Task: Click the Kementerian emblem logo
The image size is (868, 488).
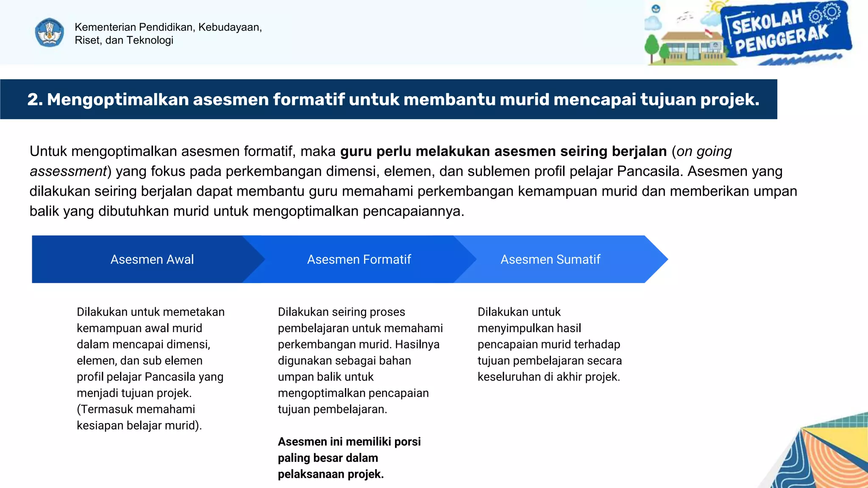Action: click(50, 33)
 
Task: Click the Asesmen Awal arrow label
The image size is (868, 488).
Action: click(152, 259)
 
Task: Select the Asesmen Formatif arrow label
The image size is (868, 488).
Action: click(359, 259)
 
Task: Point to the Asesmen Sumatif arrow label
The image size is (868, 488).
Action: click(550, 259)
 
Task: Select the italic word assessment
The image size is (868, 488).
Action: click(68, 171)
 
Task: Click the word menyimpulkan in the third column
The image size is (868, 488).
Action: click(504, 328)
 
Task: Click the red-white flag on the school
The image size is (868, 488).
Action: click(708, 32)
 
